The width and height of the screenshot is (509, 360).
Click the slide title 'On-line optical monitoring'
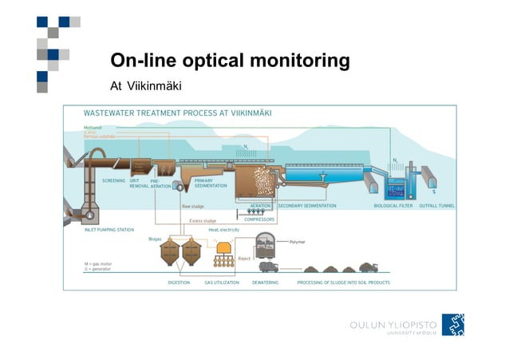(230, 61)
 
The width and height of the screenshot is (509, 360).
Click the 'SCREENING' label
(114, 181)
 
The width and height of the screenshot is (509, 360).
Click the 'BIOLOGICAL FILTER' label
(393, 205)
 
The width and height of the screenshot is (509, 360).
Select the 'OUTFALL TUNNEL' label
(436, 205)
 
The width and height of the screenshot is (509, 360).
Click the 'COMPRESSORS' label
(259, 219)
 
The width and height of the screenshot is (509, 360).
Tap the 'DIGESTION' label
(179, 283)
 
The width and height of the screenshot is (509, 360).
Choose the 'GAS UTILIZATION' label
(221, 283)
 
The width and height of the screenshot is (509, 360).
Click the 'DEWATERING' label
(265, 283)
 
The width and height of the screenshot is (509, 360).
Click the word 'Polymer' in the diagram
(298, 241)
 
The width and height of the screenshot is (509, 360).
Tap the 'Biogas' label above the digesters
(156, 238)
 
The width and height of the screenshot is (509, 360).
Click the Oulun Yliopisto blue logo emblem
(453, 325)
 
